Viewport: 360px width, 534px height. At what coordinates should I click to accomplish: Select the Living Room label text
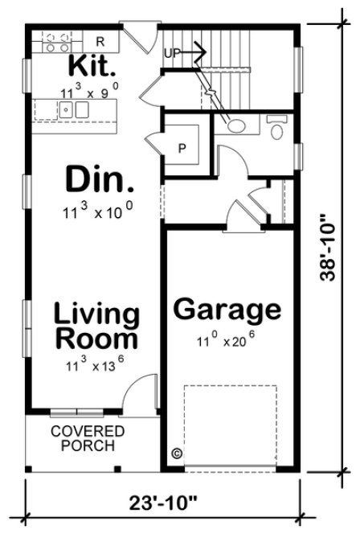point(96,325)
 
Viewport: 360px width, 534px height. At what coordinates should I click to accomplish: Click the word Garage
point(227,309)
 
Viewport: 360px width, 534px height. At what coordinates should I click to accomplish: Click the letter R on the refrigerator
point(100,40)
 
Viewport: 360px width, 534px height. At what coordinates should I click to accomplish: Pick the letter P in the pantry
point(182,148)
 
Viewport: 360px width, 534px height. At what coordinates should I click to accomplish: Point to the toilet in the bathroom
point(277,127)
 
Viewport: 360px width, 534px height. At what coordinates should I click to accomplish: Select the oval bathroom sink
point(237,125)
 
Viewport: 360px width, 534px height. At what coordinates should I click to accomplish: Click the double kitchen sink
point(73,110)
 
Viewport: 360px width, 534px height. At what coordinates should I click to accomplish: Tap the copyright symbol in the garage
point(176,454)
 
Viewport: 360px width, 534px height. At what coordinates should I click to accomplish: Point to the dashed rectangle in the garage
point(230,426)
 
